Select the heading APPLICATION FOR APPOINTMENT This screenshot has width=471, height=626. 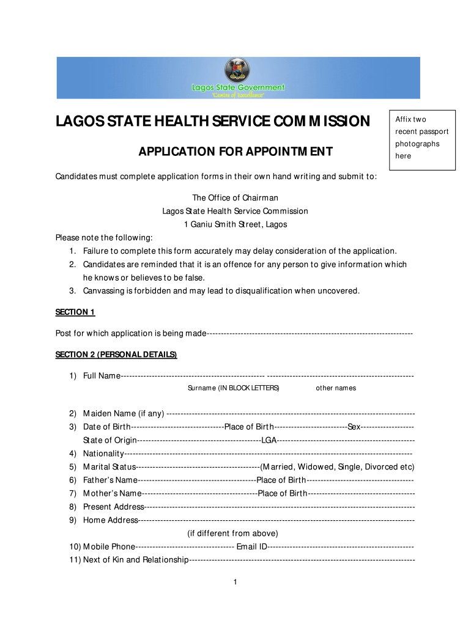236,152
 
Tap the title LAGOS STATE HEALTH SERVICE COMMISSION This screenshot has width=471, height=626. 213,121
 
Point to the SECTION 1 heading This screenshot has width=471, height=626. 75,312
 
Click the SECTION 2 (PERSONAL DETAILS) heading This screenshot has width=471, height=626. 116,355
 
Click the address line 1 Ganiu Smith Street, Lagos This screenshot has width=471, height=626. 236,224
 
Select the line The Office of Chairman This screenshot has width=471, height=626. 236,197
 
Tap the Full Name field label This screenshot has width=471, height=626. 102,375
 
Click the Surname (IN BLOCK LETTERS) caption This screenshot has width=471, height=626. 233,388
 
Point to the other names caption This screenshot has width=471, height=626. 336,388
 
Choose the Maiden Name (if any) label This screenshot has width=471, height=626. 123,414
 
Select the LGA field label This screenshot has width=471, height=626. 269,440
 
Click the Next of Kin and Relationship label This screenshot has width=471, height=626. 135,560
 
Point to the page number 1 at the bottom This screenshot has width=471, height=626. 235,581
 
